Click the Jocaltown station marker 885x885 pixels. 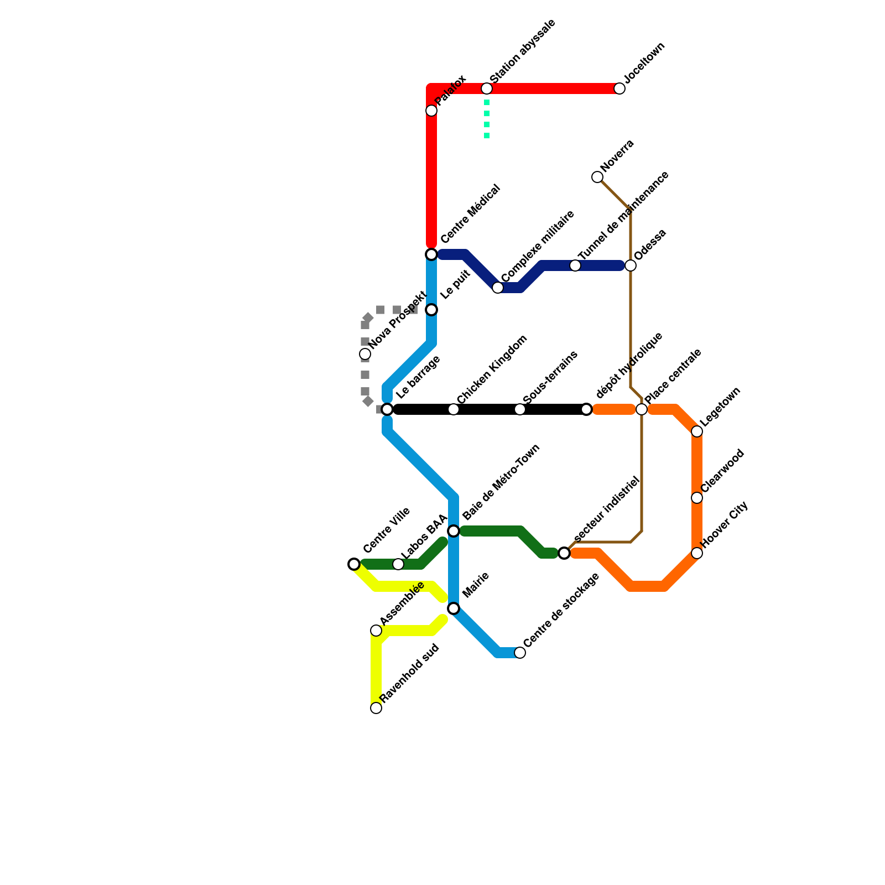619,88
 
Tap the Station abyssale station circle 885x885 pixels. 487,88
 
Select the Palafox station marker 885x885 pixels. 431,111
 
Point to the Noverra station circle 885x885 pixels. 597,177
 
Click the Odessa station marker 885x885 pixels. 631,265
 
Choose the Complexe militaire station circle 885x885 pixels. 498,288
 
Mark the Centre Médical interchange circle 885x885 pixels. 431,254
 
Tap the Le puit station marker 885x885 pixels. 431,310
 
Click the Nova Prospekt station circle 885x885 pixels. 365,354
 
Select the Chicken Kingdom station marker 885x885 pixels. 454,409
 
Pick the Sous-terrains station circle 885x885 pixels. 520,409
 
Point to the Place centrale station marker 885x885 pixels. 642,409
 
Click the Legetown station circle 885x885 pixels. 697,431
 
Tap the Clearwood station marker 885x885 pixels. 697,498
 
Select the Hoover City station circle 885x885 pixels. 697,553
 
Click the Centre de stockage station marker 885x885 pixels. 520,653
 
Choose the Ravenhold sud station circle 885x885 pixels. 376,708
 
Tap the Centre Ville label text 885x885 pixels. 387,530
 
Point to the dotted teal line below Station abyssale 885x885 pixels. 487,119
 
